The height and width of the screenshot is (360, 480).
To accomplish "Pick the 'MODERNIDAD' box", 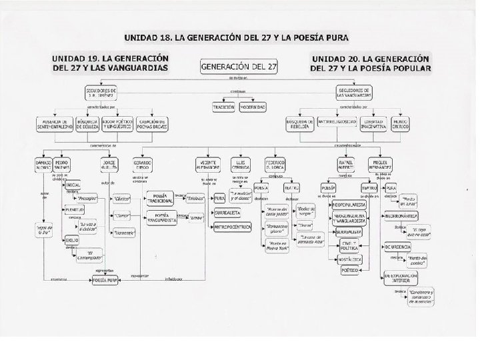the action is pos(254,107).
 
